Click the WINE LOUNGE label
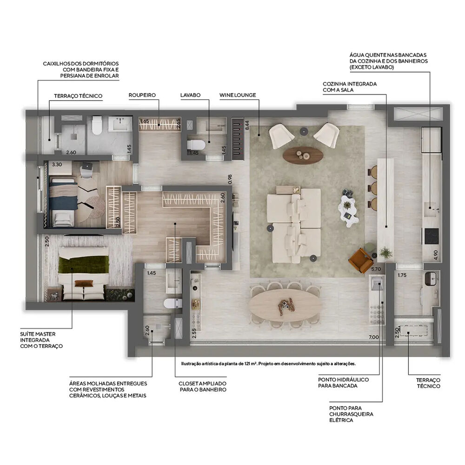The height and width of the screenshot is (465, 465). [238, 95]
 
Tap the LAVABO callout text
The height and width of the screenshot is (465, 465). [190, 95]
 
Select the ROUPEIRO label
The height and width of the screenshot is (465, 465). [142, 95]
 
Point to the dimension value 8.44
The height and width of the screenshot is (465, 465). [247, 125]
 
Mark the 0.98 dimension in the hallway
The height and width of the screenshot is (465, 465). [229, 179]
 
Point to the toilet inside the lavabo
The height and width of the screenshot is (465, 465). [195, 145]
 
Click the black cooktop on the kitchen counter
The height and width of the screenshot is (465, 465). [431, 236]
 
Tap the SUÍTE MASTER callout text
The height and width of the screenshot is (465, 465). [41, 340]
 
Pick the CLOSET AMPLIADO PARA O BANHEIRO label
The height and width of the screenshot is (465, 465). [202, 386]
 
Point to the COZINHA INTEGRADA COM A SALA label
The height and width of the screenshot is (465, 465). [350, 87]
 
